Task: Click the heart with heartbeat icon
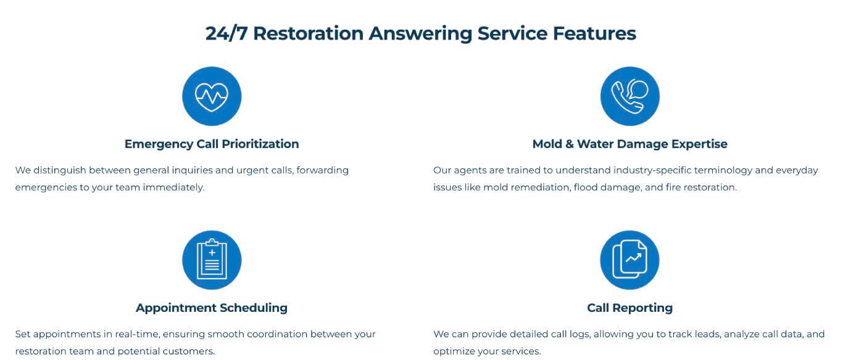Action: pos(212,96)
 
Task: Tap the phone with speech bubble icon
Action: pos(629,96)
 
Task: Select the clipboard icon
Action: pos(212,260)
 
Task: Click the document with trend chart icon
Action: pos(629,260)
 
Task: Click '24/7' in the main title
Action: pos(226,33)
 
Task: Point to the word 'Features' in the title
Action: pos(595,33)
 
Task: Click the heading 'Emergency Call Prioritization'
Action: pos(212,144)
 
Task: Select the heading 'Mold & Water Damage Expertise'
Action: pos(629,144)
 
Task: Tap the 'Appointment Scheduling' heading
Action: pos(212,308)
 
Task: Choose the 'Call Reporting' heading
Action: pos(629,308)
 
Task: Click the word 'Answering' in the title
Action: pos(420,34)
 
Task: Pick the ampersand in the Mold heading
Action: pos(570,144)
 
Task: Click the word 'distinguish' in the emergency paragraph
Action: pos(60,170)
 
